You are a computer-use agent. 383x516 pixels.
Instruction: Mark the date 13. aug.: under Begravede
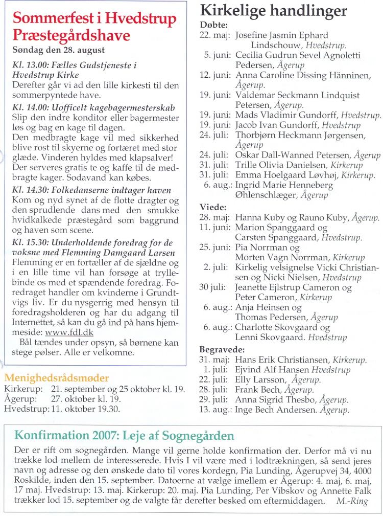215,410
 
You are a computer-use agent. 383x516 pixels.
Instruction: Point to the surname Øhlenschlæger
266,195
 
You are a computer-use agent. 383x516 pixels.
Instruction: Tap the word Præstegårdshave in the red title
71,36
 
